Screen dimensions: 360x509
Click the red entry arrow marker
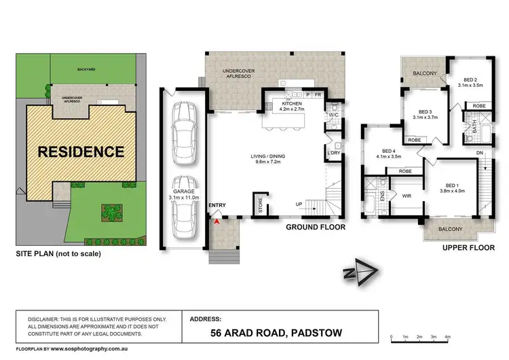(x=216, y=219)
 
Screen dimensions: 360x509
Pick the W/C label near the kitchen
(x=333, y=115)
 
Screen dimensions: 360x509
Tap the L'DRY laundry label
(x=333, y=153)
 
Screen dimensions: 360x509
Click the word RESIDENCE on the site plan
(x=80, y=151)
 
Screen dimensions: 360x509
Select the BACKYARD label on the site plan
(x=86, y=70)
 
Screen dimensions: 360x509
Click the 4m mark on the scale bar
(x=449, y=337)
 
